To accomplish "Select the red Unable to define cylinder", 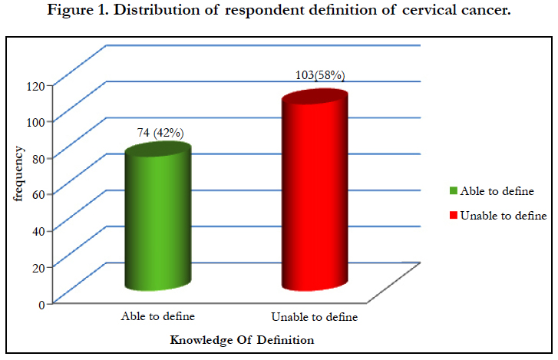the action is (315, 190).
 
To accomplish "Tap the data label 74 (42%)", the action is (160, 133).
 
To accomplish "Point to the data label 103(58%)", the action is (320, 75).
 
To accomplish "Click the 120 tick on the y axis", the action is (35, 86).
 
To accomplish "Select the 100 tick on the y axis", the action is (35, 122).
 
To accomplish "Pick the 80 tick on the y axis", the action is (38, 159).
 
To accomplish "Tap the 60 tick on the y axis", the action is (38, 195).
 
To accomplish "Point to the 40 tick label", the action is (38, 231).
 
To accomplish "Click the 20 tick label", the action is (38, 268).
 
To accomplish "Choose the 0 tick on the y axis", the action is (42, 305).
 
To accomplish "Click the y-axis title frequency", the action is (18, 173).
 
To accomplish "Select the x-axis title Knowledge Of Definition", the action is (242, 340).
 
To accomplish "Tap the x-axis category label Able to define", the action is (158, 316).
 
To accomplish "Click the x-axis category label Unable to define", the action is (315, 316).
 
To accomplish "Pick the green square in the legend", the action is (454, 190).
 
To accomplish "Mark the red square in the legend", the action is (454, 215).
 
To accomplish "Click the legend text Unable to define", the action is (504, 216).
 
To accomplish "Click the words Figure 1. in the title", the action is (78, 10).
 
